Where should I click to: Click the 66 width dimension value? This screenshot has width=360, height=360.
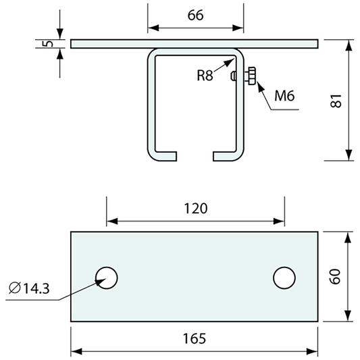pyautogui.click(x=195, y=16)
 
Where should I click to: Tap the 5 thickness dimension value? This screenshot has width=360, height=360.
pyautogui.click(x=48, y=43)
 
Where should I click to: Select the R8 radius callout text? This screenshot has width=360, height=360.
pyautogui.click(x=205, y=75)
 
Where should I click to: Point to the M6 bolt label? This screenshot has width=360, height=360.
pyautogui.click(x=284, y=95)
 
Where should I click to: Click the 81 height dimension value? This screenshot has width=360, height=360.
pyautogui.click(x=336, y=101)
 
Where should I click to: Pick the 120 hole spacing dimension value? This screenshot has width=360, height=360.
pyautogui.click(x=196, y=209)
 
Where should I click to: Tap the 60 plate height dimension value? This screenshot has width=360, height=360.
pyautogui.click(x=335, y=277)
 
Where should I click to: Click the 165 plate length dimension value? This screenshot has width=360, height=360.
pyautogui.click(x=195, y=338)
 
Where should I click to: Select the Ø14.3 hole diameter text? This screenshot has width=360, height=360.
pyautogui.click(x=29, y=288)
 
